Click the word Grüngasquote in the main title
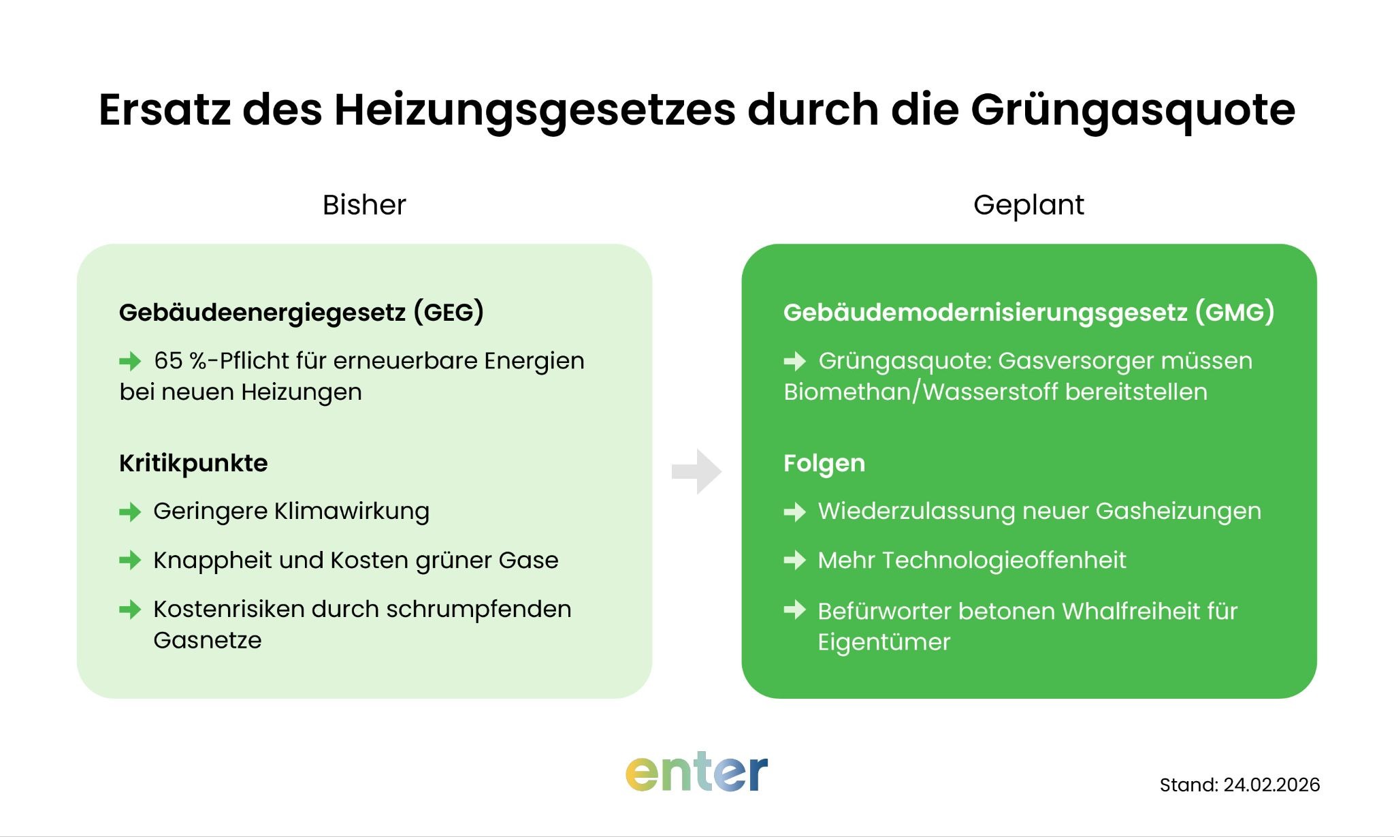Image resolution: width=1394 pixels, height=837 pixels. coord(1133,110)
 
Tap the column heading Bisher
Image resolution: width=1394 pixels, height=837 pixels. coord(364,205)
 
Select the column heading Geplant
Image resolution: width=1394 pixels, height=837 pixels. coord(1028,205)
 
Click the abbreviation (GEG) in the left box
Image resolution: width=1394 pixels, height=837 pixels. coord(449,313)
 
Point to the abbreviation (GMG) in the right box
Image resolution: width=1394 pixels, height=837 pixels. coord(1234,313)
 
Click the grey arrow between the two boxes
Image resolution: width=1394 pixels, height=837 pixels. coord(696,471)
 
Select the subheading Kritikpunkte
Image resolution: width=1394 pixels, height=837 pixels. coord(193,463)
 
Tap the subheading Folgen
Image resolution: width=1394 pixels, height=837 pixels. coord(824,463)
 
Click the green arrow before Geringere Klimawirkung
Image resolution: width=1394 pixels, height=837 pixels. coord(130,512)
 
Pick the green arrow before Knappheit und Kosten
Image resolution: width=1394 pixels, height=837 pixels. coord(130,560)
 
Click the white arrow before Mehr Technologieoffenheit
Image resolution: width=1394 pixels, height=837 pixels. coord(794,560)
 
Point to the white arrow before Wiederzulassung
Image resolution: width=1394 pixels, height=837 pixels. coord(794,512)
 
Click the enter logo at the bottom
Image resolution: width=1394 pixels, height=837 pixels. coord(696,774)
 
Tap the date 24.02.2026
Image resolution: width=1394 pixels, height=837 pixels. coord(1271,785)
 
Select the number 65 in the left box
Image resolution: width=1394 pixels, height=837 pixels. coord(168,361)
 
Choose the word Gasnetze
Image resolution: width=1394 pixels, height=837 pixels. coord(208,641)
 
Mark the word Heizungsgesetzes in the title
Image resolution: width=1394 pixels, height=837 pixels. coord(535,110)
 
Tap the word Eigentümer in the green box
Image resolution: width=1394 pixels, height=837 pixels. coord(884,642)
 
